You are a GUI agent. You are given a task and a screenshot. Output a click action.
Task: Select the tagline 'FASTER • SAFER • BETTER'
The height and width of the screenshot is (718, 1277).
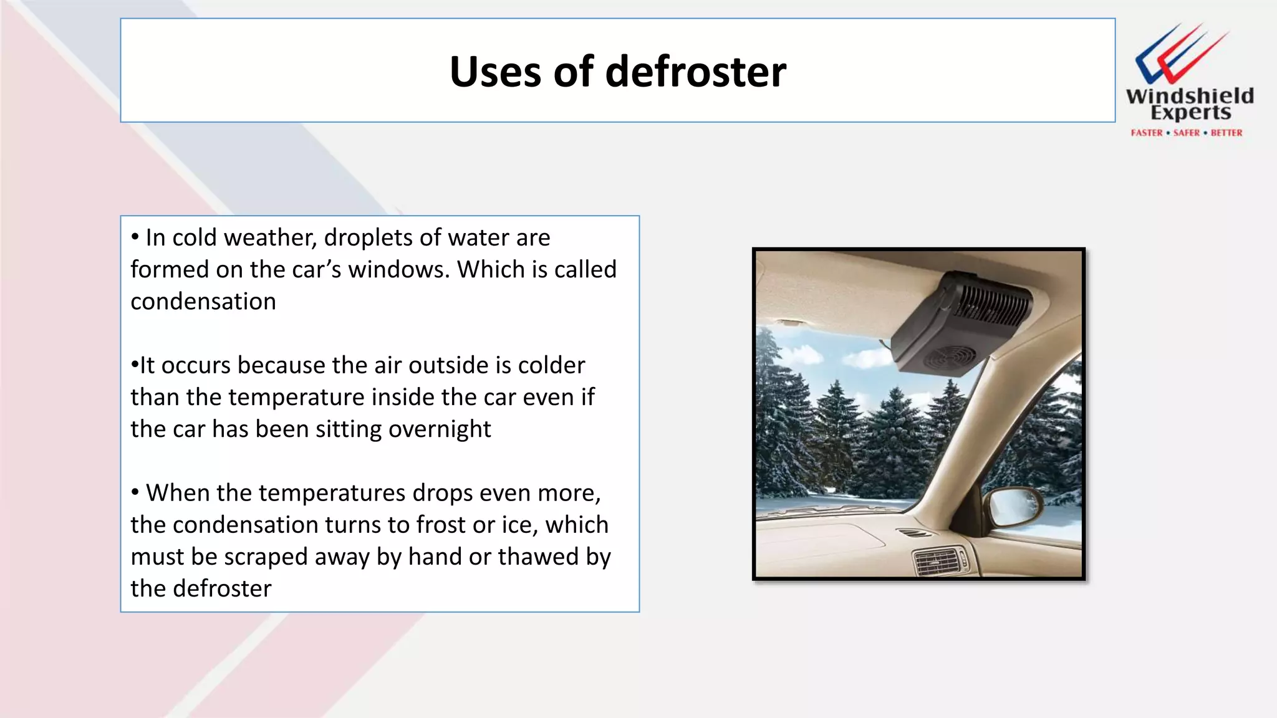pyautogui.click(x=1186, y=133)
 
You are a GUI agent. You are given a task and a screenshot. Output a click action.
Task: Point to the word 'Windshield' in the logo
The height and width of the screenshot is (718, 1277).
pyautogui.click(x=1189, y=96)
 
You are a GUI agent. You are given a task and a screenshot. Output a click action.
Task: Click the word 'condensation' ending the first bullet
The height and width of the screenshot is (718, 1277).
pyautogui.click(x=203, y=302)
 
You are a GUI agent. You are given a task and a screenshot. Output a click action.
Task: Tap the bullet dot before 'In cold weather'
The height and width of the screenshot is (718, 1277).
pyautogui.click(x=135, y=237)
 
